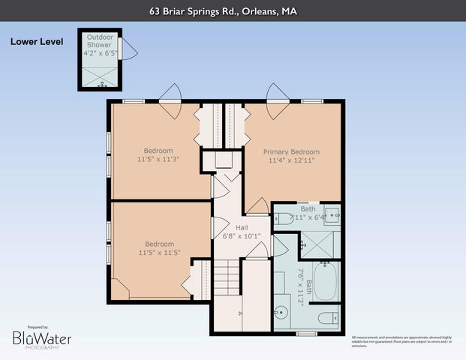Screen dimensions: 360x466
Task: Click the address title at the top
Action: [233, 11]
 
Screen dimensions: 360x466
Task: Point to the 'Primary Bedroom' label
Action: [291, 151]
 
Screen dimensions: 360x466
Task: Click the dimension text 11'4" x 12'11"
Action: [291, 160]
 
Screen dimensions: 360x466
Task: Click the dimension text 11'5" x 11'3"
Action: [158, 159]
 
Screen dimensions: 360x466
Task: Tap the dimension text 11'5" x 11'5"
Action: [158, 253]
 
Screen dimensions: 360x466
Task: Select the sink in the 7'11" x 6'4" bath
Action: [335, 215]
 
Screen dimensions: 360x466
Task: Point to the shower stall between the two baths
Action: [321, 242]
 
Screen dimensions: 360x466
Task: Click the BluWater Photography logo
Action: [41, 339]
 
